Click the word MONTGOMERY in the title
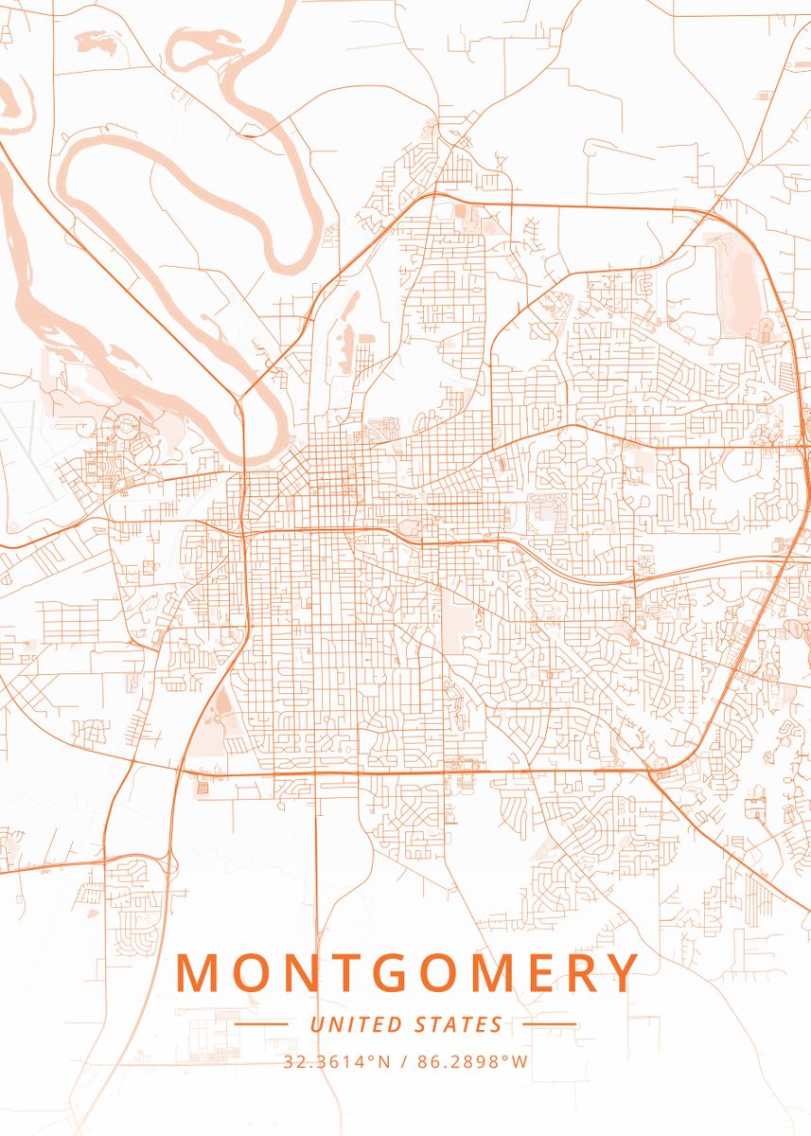[407, 972]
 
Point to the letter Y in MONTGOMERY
[622, 972]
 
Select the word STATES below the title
[459, 1024]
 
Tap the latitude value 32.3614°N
[337, 1061]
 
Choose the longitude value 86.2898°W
[473, 1061]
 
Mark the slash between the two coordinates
[404, 1061]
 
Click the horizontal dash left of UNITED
[261, 1024]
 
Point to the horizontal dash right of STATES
[549, 1024]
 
